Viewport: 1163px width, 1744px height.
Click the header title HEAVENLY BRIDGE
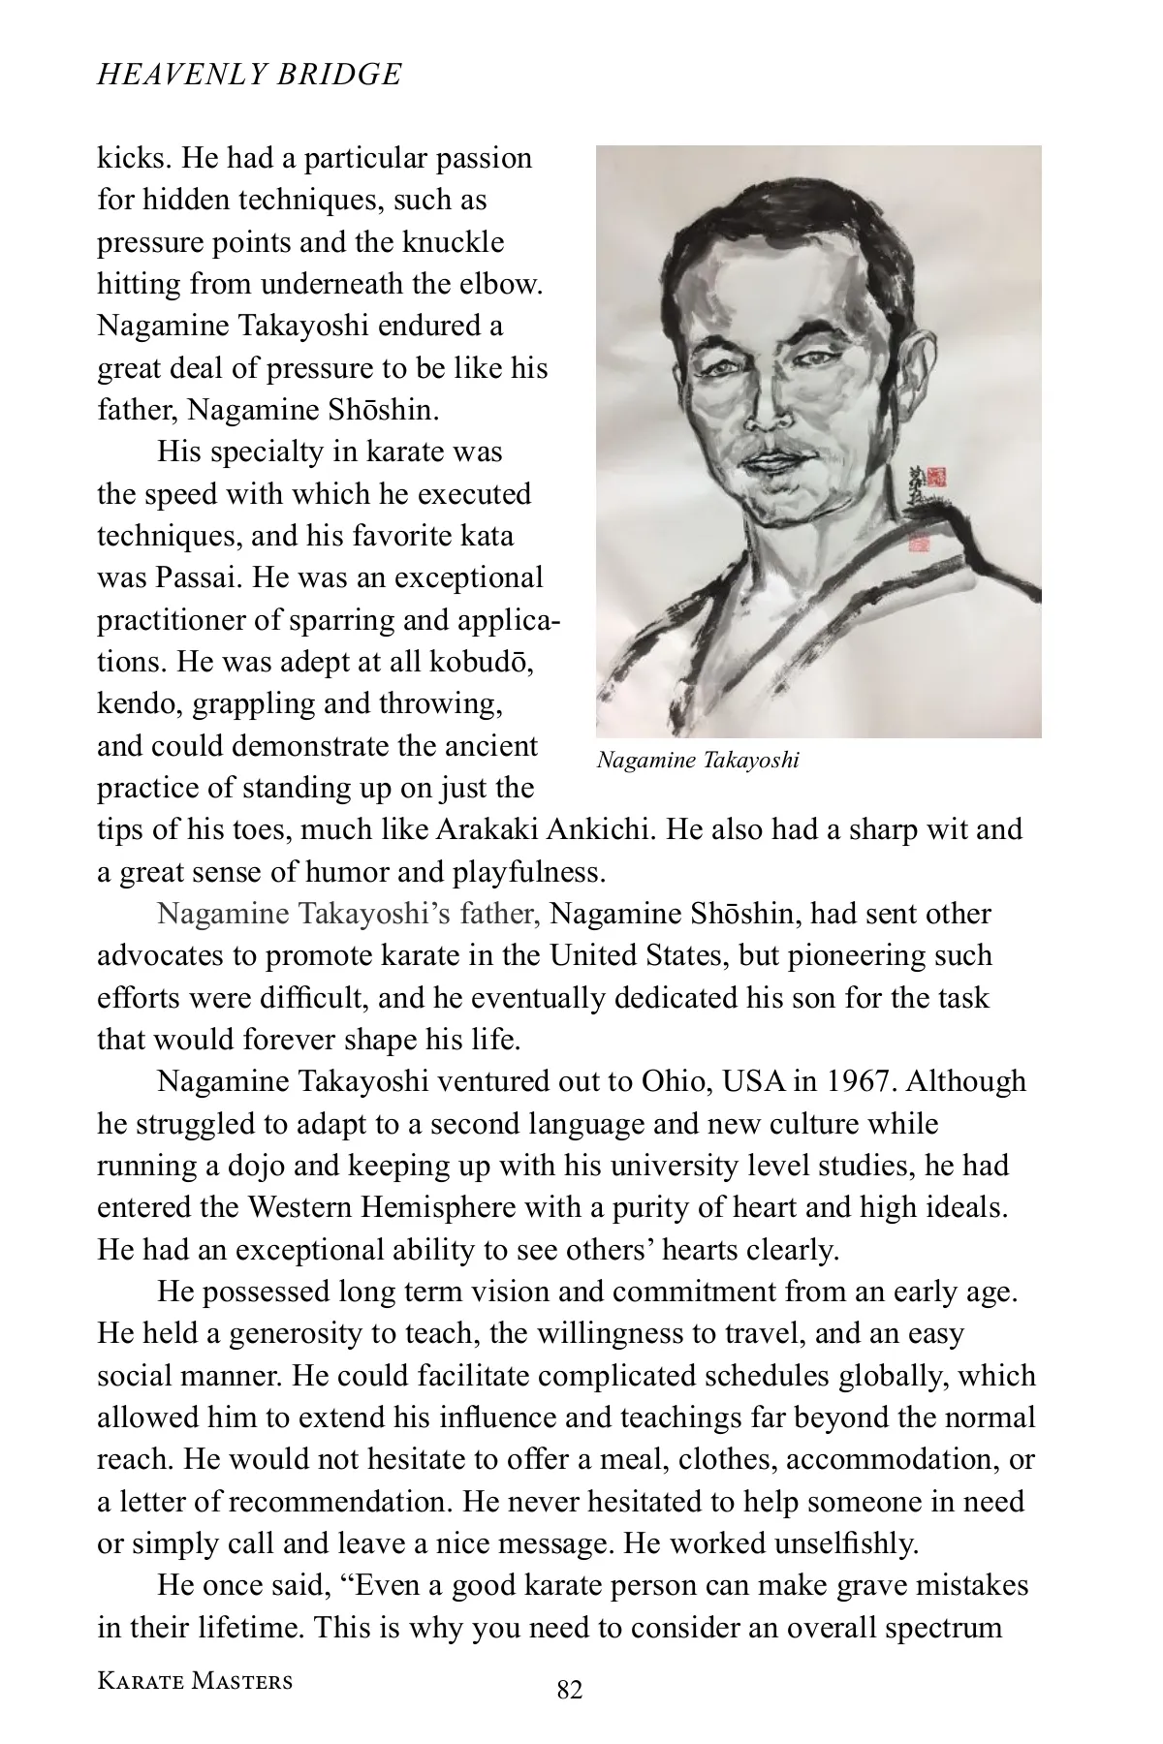point(249,75)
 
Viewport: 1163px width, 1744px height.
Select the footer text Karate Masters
point(195,1680)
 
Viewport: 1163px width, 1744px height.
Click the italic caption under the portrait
point(698,760)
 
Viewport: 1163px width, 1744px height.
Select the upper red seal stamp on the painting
point(935,476)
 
